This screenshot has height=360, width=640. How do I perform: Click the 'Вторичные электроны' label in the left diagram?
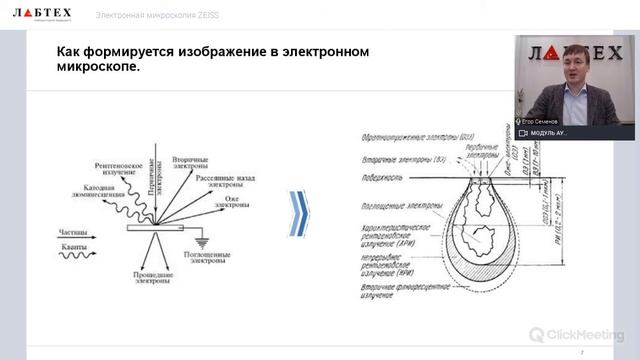(190, 162)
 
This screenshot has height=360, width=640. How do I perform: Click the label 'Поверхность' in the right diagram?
(383, 179)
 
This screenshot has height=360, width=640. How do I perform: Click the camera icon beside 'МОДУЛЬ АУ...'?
(522, 133)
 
